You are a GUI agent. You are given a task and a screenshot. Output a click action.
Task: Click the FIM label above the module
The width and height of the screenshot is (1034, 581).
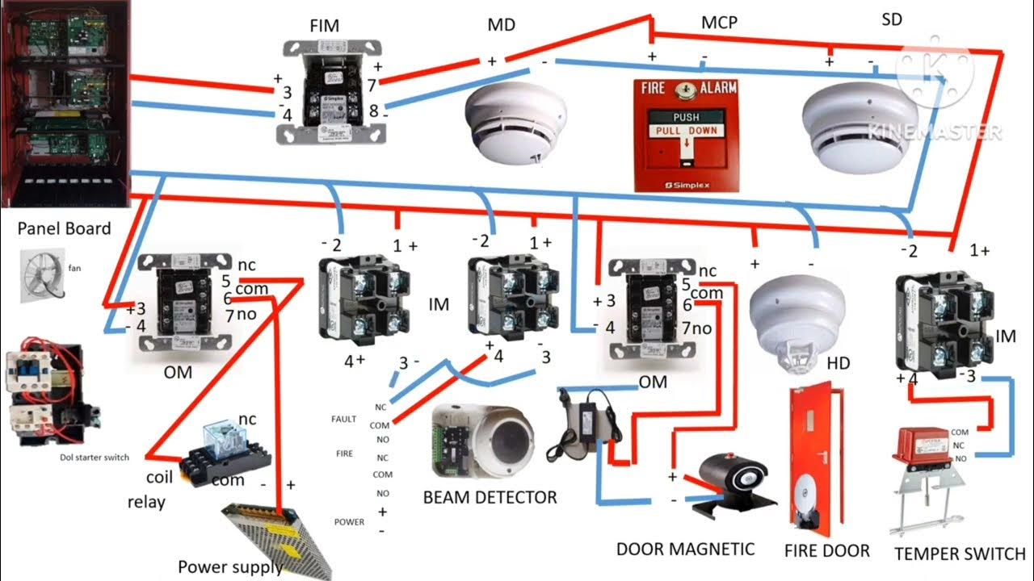click(x=324, y=27)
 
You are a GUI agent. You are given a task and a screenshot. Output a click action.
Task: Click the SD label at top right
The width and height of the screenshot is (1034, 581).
click(x=892, y=20)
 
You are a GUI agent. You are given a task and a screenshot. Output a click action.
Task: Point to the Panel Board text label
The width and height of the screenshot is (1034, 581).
click(x=64, y=229)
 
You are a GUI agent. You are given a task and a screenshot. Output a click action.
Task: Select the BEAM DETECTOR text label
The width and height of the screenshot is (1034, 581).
click(x=490, y=497)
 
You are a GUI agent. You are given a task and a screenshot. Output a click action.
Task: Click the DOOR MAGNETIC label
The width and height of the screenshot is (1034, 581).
click(x=685, y=550)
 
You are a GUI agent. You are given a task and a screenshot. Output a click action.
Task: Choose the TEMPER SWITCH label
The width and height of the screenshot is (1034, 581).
click(x=960, y=554)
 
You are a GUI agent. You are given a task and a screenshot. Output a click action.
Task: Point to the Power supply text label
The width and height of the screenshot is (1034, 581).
click(x=230, y=567)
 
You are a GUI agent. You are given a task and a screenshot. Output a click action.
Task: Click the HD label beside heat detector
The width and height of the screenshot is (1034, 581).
click(x=839, y=364)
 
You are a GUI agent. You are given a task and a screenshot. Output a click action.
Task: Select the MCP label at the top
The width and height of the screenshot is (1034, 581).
click(x=718, y=23)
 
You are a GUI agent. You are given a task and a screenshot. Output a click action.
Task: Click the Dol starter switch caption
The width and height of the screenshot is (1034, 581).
click(x=95, y=458)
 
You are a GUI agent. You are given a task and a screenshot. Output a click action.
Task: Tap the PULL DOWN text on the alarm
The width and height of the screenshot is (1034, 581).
click(x=686, y=131)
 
